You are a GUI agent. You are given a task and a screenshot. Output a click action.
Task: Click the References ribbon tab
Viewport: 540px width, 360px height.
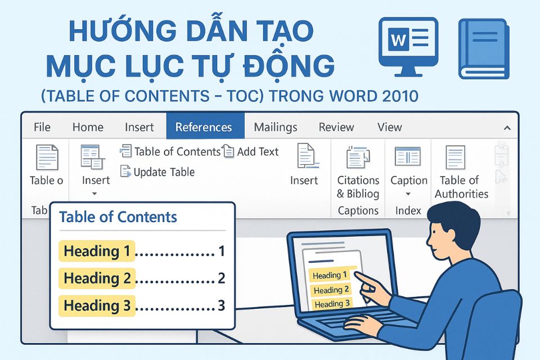(x=204, y=127)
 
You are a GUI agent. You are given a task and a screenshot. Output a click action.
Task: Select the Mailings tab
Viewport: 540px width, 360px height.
(x=275, y=127)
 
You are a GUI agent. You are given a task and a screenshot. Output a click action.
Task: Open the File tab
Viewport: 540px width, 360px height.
(x=42, y=127)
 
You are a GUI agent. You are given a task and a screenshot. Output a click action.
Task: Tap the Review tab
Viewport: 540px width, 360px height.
(x=336, y=127)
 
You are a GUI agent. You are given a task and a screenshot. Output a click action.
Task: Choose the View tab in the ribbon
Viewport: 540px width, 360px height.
(x=390, y=127)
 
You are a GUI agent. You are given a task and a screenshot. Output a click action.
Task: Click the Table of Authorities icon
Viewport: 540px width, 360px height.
(x=455, y=158)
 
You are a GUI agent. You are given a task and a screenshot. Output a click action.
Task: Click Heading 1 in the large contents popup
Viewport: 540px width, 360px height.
(x=97, y=251)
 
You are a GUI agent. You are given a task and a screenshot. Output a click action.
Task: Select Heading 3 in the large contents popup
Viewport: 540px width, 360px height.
(x=97, y=305)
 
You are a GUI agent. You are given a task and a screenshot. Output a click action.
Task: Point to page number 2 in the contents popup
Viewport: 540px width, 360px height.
(x=221, y=278)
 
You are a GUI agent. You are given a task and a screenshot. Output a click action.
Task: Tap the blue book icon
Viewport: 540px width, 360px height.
(x=484, y=48)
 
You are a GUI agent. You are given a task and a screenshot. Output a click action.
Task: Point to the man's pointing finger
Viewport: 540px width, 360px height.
(x=361, y=280)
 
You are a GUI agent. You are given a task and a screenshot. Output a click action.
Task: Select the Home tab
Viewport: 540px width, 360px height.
(x=88, y=127)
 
